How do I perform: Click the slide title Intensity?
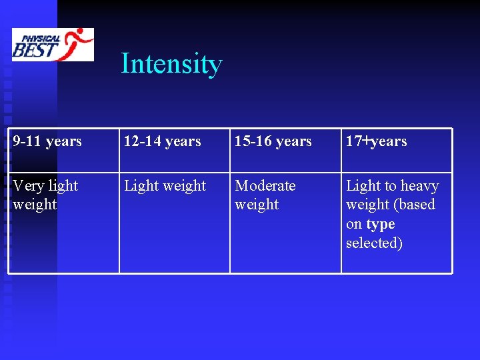point(171,64)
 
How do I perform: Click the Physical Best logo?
point(53,45)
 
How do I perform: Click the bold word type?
point(381,224)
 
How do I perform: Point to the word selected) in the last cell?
point(374,243)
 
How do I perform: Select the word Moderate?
point(265,186)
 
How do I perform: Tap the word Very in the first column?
point(26,186)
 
